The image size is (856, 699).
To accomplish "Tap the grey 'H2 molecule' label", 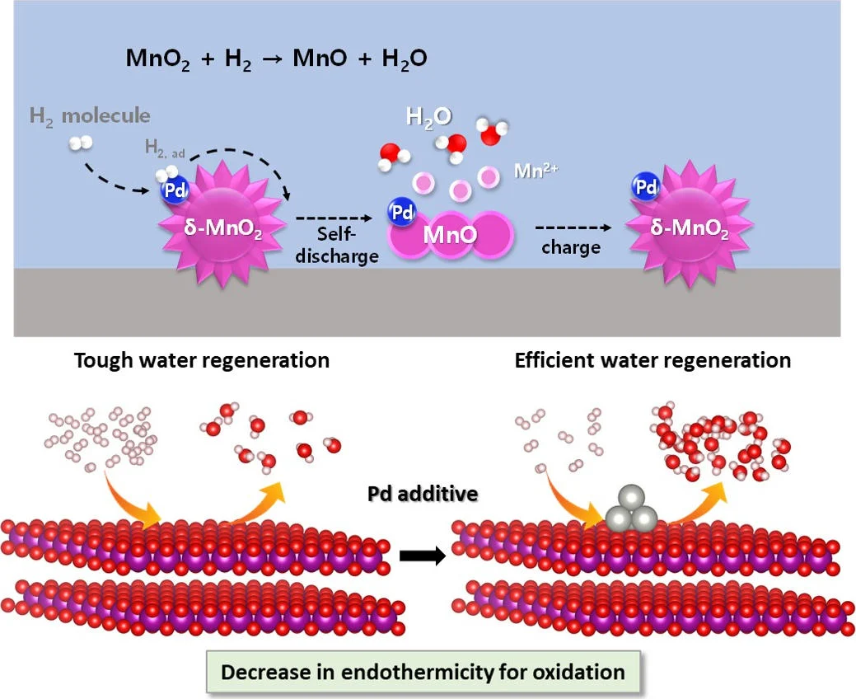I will pos(90,115).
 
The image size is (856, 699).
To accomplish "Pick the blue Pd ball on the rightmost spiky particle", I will pos(647,188).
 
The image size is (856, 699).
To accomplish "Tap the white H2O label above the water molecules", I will pos(428,117).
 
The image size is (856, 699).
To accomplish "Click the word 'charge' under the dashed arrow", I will pos(570,247).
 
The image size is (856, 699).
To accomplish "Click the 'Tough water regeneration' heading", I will pos(201,360).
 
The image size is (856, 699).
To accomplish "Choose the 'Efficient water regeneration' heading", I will pos(653,360).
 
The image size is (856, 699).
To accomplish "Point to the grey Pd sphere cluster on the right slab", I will pos(632,510).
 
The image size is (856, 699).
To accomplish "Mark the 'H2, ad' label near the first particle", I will pos(165,147).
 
